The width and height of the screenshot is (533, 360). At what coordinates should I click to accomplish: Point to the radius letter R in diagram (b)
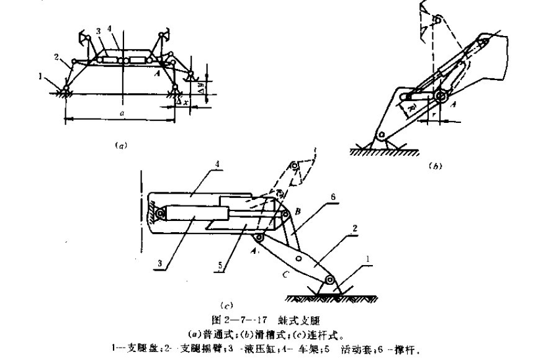(x=411, y=110)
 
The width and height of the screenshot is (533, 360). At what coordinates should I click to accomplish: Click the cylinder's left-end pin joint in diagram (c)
(x=160, y=215)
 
